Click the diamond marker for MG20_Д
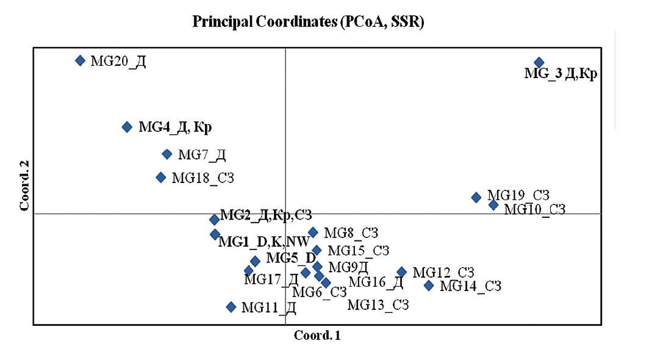coord(81,61)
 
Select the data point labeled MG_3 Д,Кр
coord(539,63)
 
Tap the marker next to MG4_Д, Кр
coord(127,127)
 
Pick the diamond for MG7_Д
coord(167,154)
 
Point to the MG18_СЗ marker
coord(161,178)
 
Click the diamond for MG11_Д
coord(231,307)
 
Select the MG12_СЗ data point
coord(402,272)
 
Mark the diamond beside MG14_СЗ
coord(429,286)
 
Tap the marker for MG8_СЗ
coord(313,232)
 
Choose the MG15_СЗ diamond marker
coord(317,251)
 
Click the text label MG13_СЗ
coord(378,305)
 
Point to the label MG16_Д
coord(376,282)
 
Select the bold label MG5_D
coord(291,258)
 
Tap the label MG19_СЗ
coord(518,195)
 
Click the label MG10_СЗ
coord(535,209)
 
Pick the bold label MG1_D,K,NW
coord(264,242)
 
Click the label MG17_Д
coord(271,279)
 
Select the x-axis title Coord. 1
coord(317,336)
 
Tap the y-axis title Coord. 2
coord(24,185)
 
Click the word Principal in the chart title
coord(223,21)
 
